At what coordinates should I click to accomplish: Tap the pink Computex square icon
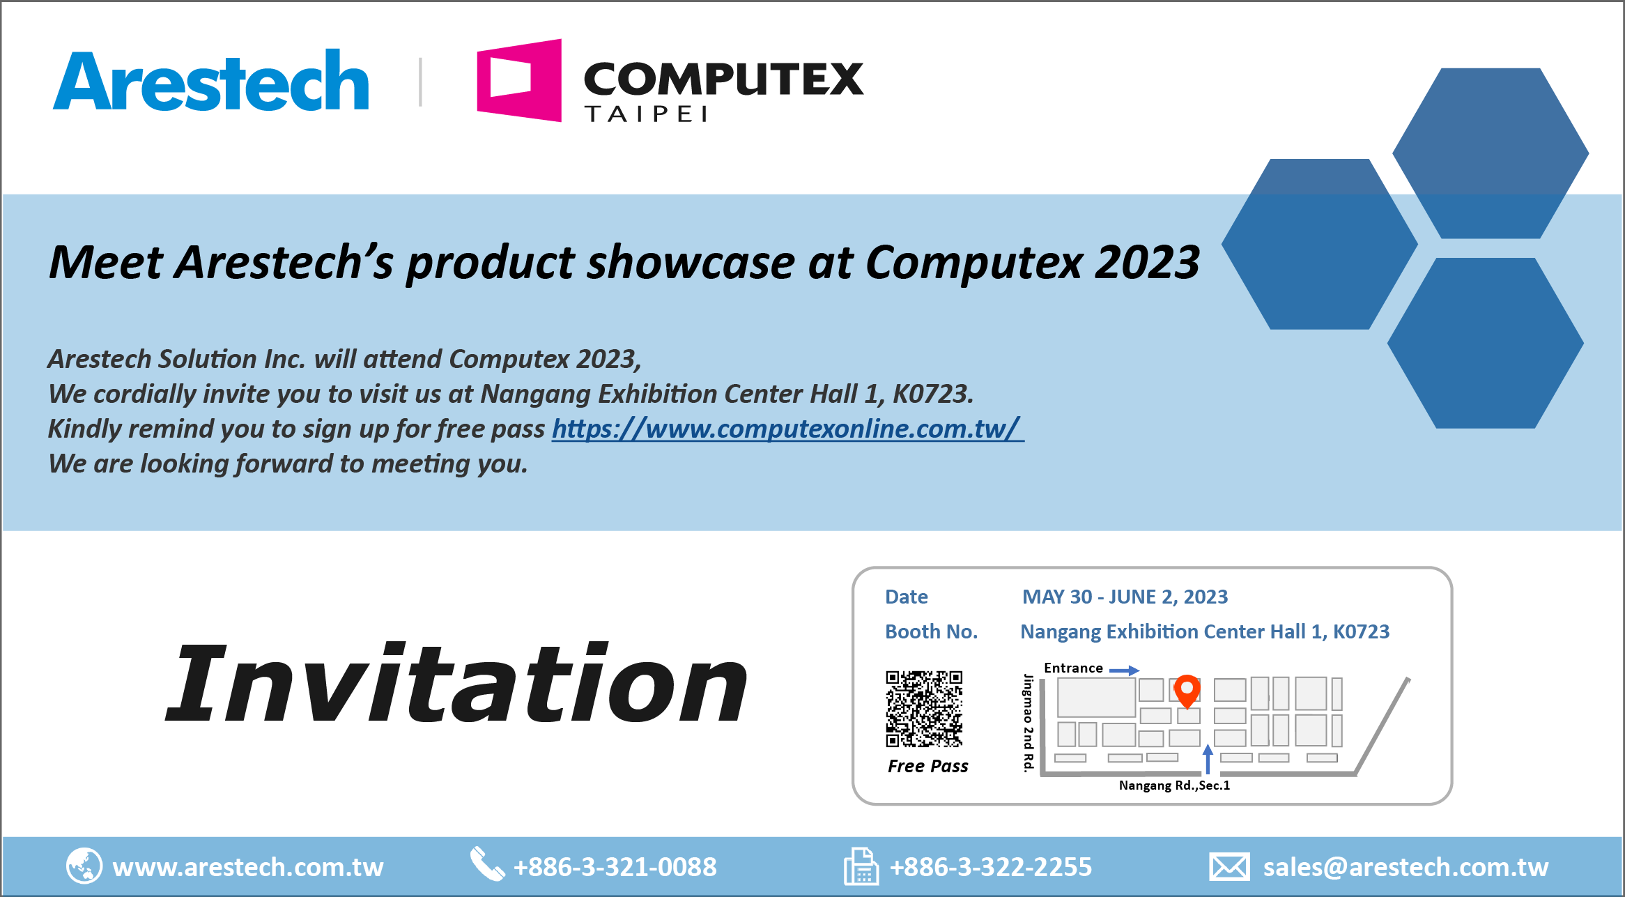point(519,80)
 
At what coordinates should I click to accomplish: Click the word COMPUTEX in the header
point(723,78)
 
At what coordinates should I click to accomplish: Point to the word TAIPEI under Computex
point(646,114)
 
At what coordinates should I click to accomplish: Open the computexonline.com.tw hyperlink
point(787,429)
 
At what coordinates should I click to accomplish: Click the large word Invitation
point(457,683)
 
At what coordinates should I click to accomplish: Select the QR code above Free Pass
point(924,709)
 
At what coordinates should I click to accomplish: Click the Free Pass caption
point(927,766)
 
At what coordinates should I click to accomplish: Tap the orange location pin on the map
point(1187,691)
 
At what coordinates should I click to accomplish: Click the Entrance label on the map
point(1073,668)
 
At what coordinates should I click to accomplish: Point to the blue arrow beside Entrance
point(1124,670)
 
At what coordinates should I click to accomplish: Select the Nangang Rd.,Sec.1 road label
point(1174,785)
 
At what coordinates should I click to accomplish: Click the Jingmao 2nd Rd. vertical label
point(1028,723)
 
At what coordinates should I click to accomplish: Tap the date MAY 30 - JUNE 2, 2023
point(1125,597)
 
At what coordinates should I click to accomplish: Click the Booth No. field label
point(931,631)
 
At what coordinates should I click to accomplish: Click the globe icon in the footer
point(84,866)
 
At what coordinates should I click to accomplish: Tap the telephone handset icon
point(487,864)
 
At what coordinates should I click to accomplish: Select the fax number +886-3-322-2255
point(991,867)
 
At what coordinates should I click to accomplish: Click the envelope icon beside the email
point(1229,867)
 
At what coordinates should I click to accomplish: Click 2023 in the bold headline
point(1147,263)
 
